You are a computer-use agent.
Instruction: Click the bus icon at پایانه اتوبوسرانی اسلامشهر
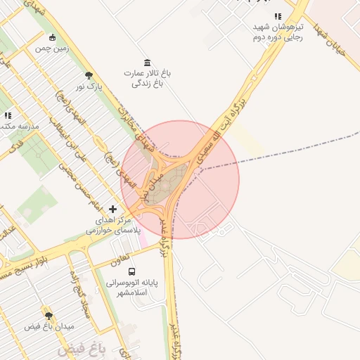[131, 271]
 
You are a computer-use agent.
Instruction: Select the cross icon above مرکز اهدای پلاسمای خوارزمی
[113, 209]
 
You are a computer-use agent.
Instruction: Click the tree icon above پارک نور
[89, 75]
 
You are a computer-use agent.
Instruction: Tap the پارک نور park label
[89, 87]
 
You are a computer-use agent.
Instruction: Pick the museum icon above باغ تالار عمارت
[146, 63]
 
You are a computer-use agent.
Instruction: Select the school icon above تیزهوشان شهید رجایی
[278, 16]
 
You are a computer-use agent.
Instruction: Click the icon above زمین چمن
[52, 37]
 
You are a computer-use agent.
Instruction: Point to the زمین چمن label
[52, 49]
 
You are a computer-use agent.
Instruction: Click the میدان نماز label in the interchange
[149, 185]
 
